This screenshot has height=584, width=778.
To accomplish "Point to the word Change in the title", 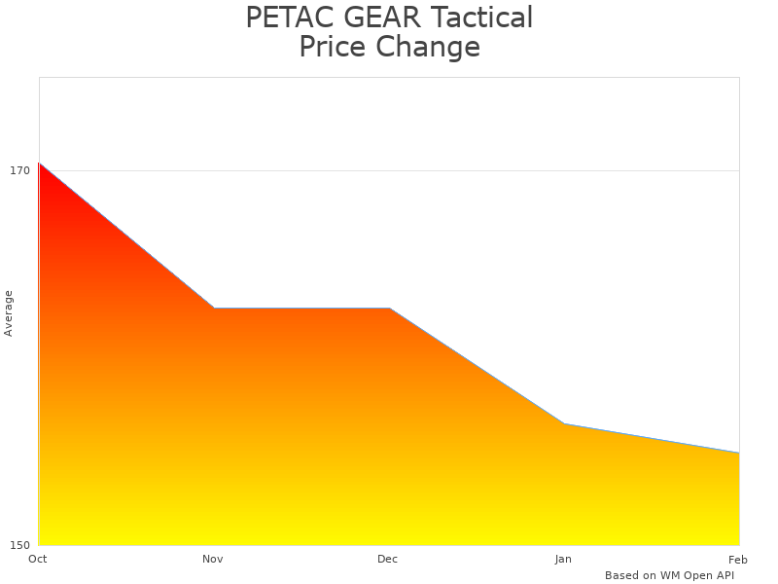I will coord(431,48).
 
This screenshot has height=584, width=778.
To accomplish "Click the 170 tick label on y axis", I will coord(19,170).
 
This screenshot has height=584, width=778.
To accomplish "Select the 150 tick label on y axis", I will coord(19,545).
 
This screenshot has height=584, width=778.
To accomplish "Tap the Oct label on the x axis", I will coord(38,559).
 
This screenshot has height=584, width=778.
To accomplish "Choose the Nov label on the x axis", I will coord(213,559).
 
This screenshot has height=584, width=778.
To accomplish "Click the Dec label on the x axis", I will coord(388,559).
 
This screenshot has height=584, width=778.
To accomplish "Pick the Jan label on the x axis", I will coord(563,559).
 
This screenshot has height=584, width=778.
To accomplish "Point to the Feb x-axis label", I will coord(738,559).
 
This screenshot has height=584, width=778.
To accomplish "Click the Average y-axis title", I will coord(9,313).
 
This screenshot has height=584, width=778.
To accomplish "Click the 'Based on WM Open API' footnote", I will coord(669,575).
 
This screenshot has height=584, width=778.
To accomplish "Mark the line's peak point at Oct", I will coord(39,163).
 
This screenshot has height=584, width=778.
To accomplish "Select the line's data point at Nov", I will coord(214,309).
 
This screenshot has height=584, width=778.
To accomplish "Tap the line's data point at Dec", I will coord(389,309).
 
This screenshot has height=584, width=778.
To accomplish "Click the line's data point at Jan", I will coord(564,423).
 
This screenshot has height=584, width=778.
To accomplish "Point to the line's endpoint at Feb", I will coord(739,453).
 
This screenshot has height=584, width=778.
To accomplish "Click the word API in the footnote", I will coord(724,575).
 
